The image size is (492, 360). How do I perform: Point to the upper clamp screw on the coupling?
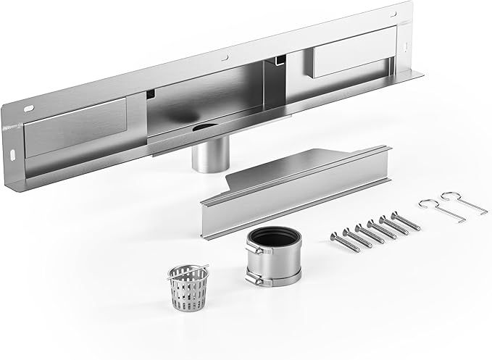[x=251, y=250]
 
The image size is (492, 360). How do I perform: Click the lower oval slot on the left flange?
[x=15, y=154]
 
